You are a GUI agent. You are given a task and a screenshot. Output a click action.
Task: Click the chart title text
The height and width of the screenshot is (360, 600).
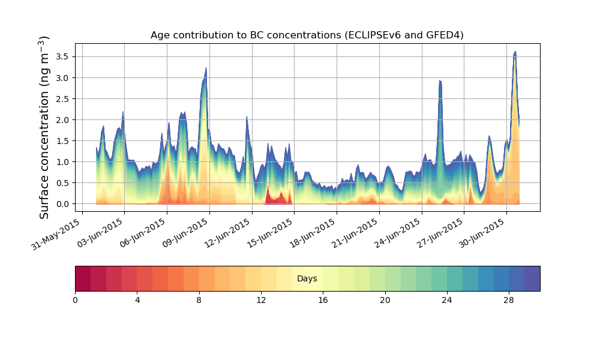coord(307,35)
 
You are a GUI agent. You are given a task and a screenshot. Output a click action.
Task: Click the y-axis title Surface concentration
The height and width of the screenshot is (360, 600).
coord(44,127)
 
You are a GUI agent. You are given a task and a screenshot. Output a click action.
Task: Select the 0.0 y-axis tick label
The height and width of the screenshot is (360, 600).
coord(62,204)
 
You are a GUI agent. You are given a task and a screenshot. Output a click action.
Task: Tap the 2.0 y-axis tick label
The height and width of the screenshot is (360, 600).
coord(62,120)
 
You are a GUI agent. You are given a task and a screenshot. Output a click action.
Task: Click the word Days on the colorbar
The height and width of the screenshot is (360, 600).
coord(307,279)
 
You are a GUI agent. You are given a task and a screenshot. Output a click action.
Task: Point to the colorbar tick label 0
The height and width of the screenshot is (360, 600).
coord(75,300)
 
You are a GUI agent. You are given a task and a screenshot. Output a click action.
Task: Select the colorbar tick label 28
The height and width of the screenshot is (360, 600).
coord(509,300)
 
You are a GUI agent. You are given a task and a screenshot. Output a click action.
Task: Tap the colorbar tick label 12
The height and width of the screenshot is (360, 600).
coord(261,300)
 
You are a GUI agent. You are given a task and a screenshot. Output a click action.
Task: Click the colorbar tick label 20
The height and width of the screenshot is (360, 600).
coord(385,300)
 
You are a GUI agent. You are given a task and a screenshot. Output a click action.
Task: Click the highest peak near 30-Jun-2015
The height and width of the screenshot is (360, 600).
coord(515,53)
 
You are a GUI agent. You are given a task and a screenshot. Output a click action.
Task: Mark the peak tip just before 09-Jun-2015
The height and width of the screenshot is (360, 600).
coord(206,68)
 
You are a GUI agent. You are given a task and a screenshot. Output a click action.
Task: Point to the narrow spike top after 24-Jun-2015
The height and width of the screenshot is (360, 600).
coord(440,81)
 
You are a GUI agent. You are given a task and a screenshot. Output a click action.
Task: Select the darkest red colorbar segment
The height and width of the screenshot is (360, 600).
coord(83,278)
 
